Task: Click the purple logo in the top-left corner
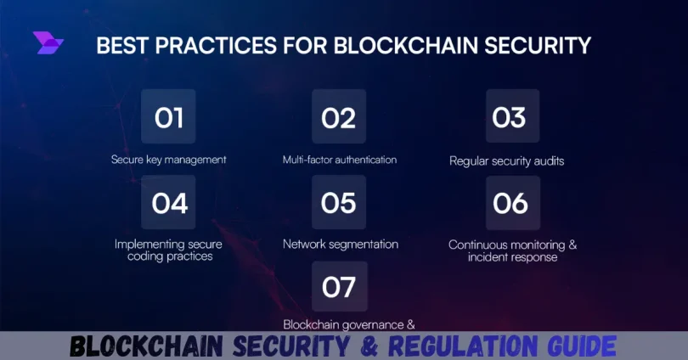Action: [48, 43]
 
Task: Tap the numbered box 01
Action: [168, 117]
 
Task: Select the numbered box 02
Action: [338, 117]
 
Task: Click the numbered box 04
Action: [168, 203]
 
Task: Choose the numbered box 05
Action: [338, 203]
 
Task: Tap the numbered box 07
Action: [338, 288]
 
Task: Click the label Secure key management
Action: [168, 160]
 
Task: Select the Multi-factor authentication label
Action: [339, 160]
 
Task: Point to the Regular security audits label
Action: [506, 160]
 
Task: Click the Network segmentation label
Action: [340, 245]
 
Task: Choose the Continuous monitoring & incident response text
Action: [512, 250]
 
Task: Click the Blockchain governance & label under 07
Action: [338, 323]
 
